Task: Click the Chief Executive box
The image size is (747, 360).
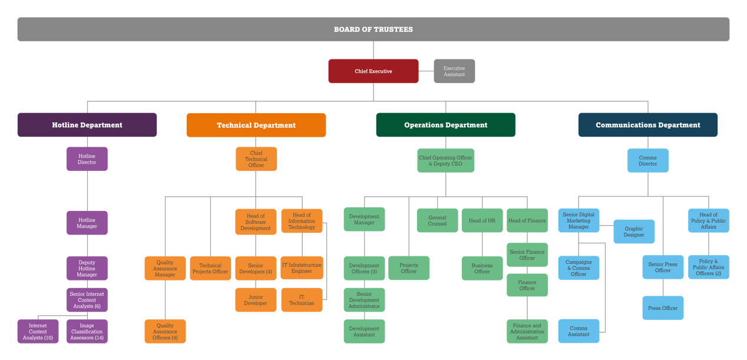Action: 373,71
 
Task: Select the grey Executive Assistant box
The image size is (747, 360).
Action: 454,71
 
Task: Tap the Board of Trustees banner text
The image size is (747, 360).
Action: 373,29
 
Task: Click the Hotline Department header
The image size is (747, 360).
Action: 87,125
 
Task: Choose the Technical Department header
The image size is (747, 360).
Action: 256,125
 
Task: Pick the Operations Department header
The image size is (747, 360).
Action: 445,125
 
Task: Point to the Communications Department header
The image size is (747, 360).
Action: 647,125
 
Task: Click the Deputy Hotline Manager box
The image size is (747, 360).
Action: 87,269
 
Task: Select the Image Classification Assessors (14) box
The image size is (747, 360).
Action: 87,332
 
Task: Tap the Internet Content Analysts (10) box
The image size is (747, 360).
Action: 38,332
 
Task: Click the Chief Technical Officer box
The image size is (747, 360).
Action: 256,159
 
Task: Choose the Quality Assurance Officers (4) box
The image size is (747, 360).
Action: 165,332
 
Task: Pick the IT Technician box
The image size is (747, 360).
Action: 302,300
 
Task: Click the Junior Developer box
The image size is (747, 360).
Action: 256,300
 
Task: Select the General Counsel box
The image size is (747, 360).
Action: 437,220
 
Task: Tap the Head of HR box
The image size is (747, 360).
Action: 482,220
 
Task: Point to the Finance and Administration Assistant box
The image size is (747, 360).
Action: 527,332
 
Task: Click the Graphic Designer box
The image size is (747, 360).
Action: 634,232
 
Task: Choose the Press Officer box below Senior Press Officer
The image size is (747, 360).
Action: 663,308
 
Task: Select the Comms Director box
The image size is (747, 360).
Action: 647,161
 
